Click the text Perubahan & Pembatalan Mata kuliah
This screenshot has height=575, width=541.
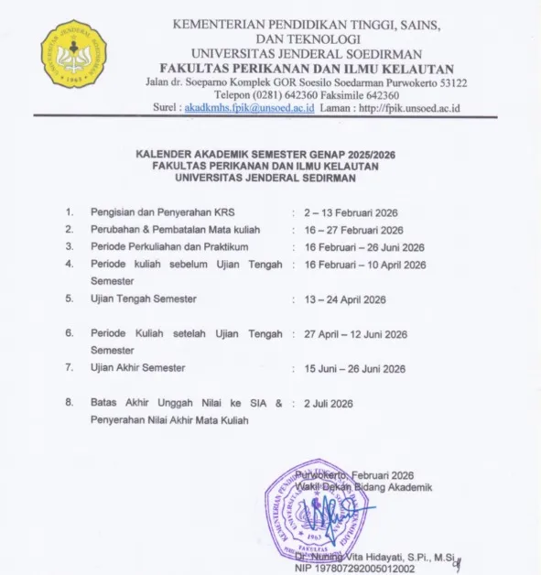pos(169,230)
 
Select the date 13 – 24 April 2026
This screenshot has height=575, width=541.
pos(344,299)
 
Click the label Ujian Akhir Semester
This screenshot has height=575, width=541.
pos(138,368)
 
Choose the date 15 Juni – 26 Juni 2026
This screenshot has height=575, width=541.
pos(355,369)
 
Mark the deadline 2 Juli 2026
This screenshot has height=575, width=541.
pos(329,403)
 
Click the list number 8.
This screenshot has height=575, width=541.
pos(69,402)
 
